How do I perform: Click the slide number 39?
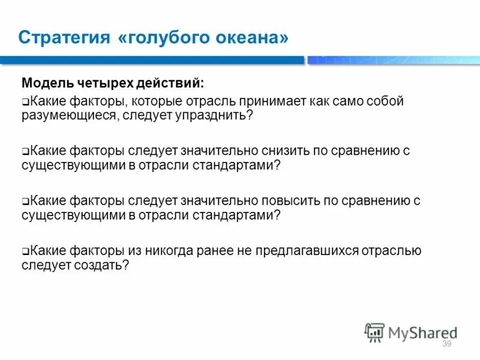click(446, 344)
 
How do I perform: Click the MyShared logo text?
click(423, 332)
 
